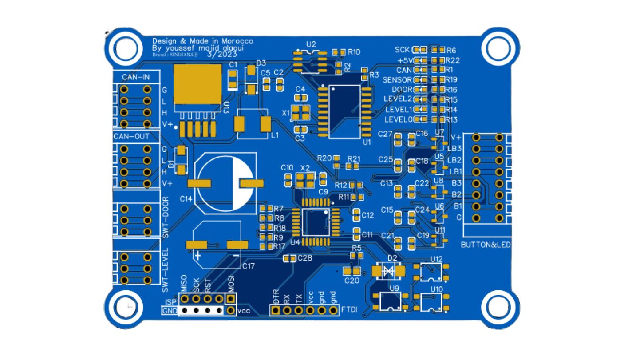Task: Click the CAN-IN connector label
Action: coord(135,77)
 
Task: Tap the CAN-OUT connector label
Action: coord(131,136)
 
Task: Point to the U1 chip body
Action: coord(344,111)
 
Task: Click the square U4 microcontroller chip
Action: coord(316,222)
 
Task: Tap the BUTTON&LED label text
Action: coord(486,245)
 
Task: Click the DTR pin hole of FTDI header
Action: coord(276,310)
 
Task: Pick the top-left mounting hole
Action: coord(122,46)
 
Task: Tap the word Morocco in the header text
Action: coord(238,41)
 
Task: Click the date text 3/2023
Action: coord(222,54)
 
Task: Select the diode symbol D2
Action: coord(389,270)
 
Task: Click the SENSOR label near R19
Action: coord(397,80)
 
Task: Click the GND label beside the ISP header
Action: coord(170,310)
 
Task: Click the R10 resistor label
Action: coord(354,52)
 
